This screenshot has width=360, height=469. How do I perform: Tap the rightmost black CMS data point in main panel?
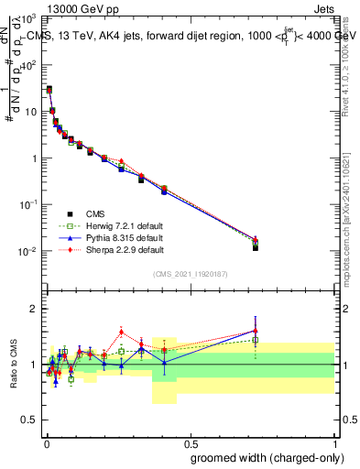(x=256, y=247)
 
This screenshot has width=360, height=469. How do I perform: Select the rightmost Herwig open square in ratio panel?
(x=256, y=340)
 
